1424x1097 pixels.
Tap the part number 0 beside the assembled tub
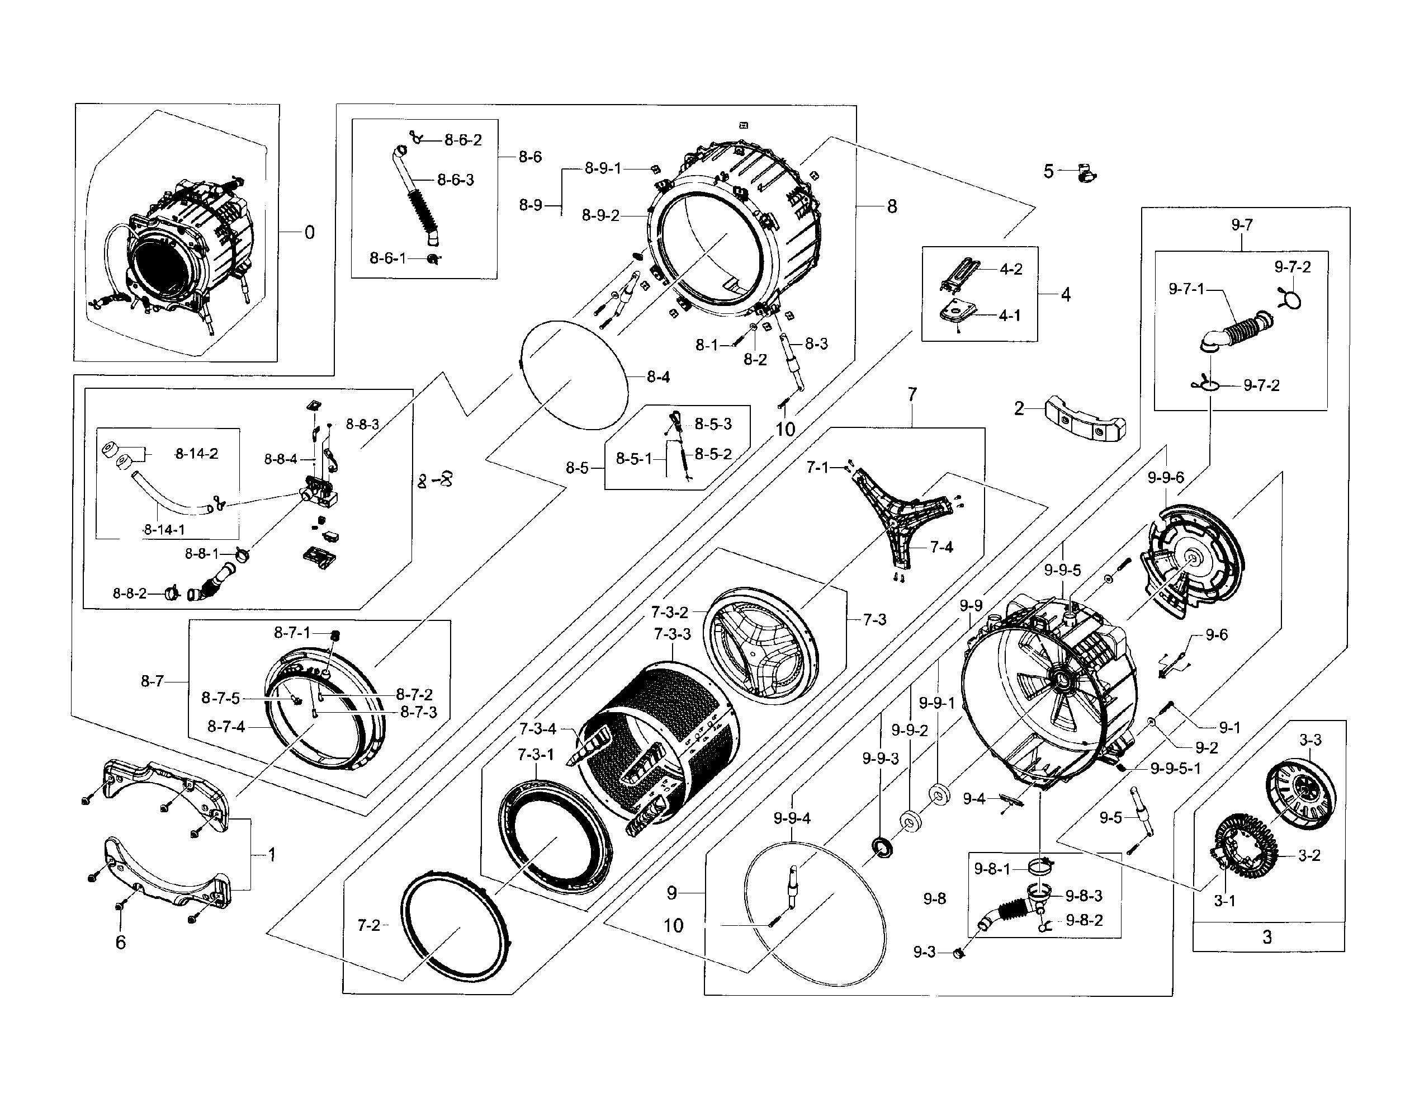click(309, 232)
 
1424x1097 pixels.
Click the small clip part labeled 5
click(1086, 173)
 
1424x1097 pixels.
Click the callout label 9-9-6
click(1166, 477)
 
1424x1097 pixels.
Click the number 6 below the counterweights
click(120, 942)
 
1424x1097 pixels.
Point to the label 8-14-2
click(196, 453)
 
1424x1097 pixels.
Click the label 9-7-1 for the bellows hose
click(1186, 288)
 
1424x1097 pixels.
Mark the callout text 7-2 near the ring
click(368, 925)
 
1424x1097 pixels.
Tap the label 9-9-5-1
click(1175, 768)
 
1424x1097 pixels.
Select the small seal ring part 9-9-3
click(882, 849)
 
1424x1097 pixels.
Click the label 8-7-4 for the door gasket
click(226, 726)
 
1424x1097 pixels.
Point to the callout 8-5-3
click(713, 424)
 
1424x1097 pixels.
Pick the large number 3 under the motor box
click(1267, 936)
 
